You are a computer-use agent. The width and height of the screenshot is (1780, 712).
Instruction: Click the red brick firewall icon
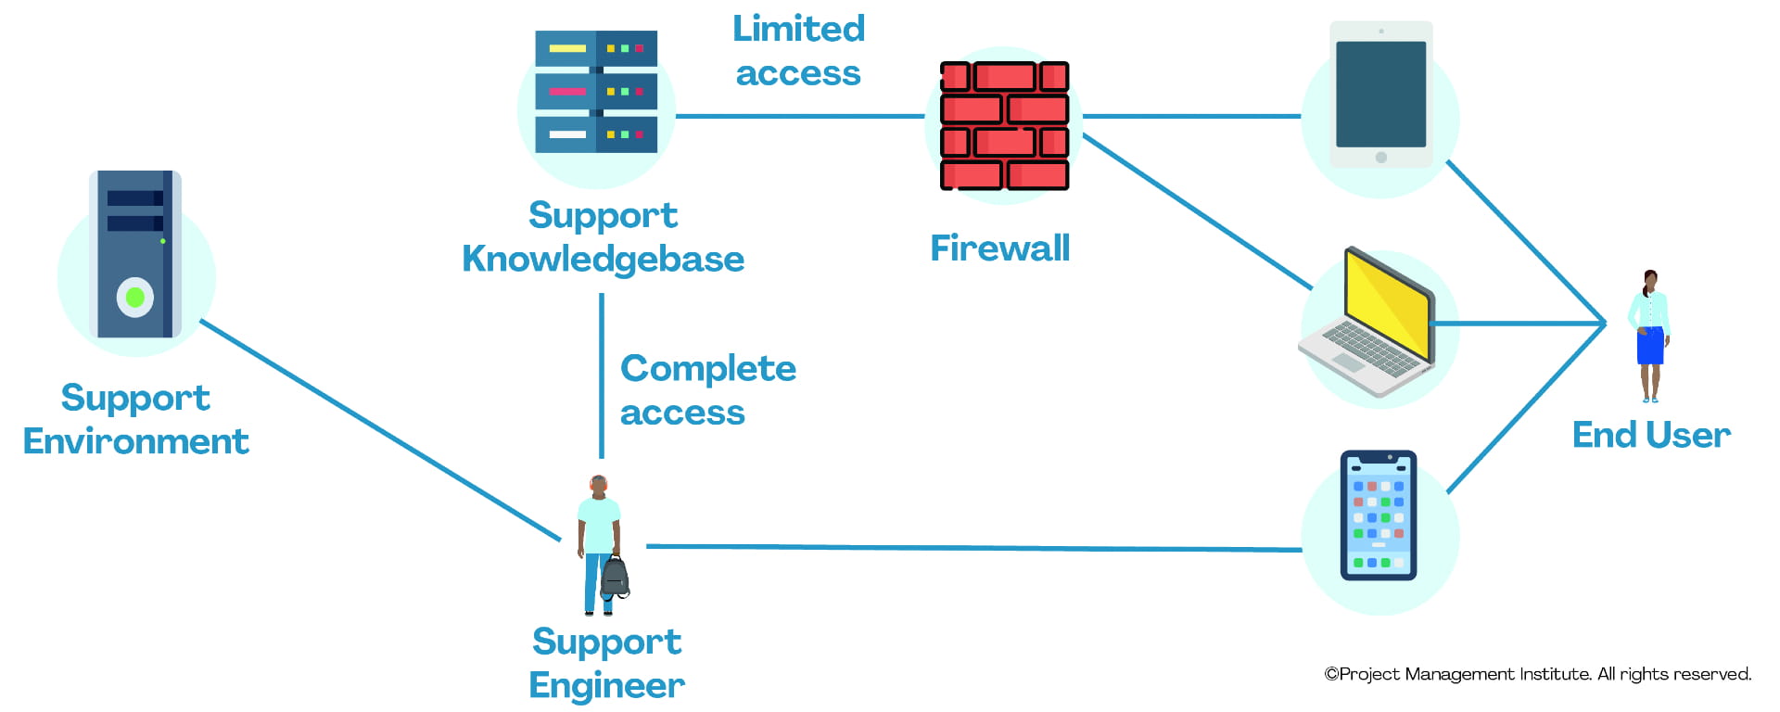click(x=1004, y=125)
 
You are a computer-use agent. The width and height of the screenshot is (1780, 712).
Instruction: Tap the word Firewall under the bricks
click(x=999, y=248)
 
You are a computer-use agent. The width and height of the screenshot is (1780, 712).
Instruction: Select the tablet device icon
click(x=1380, y=95)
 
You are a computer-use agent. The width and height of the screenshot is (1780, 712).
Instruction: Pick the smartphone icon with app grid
click(x=1379, y=515)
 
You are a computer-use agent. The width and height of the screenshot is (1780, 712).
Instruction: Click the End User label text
click(x=1651, y=435)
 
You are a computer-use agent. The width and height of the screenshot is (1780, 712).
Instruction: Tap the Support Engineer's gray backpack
click(x=615, y=577)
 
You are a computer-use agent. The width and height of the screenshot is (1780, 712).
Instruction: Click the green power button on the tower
click(x=135, y=298)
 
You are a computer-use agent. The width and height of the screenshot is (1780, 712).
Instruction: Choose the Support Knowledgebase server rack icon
click(x=596, y=92)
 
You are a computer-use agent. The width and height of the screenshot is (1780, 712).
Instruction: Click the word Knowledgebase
click(x=603, y=260)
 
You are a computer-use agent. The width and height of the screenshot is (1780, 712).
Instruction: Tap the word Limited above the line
click(x=798, y=29)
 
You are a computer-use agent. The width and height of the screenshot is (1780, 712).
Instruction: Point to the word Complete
click(x=707, y=368)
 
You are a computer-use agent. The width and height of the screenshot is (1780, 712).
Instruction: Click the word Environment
click(x=136, y=442)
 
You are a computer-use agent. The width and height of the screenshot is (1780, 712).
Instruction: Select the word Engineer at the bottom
click(x=606, y=686)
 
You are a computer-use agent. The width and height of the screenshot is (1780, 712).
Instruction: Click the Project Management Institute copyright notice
click(x=1537, y=674)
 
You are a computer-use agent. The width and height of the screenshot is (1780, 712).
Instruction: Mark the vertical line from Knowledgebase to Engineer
click(x=602, y=375)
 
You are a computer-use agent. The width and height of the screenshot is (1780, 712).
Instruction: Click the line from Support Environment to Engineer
click(x=380, y=430)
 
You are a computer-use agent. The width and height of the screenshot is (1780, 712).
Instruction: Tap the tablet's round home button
click(x=1381, y=158)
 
